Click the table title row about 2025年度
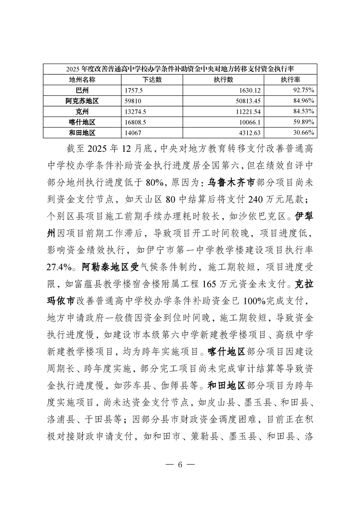(180, 69)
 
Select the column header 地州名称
(82, 79)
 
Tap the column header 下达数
(152, 79)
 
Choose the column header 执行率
(291, 79)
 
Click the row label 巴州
(82, 90)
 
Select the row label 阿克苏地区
(82, 101)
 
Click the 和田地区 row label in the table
(82, 132)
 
